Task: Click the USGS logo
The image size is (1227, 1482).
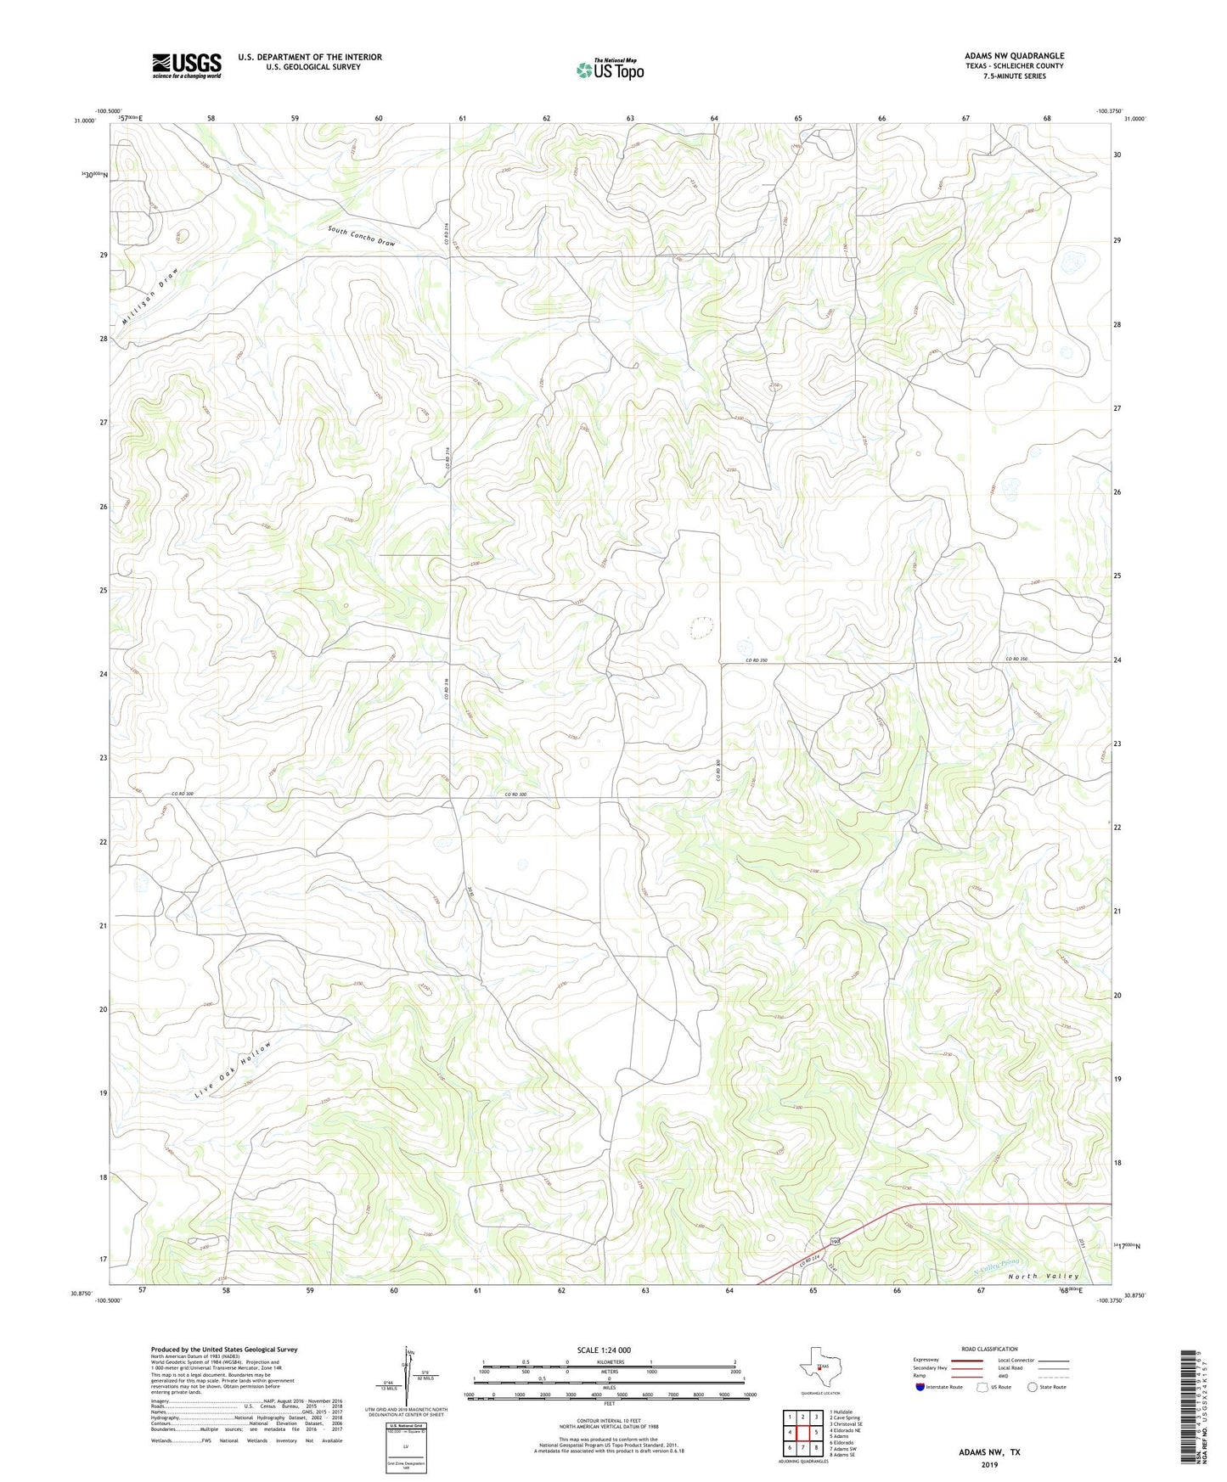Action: pos(187,65)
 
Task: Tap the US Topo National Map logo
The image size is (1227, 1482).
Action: pos(609,70)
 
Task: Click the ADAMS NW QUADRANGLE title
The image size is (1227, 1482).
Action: pos(1014,56)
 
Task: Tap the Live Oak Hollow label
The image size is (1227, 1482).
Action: pos(233,1069)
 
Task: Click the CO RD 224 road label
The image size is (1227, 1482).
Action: pos(811,1264)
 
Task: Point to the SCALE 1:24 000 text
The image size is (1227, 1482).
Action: pos(604,1350)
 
